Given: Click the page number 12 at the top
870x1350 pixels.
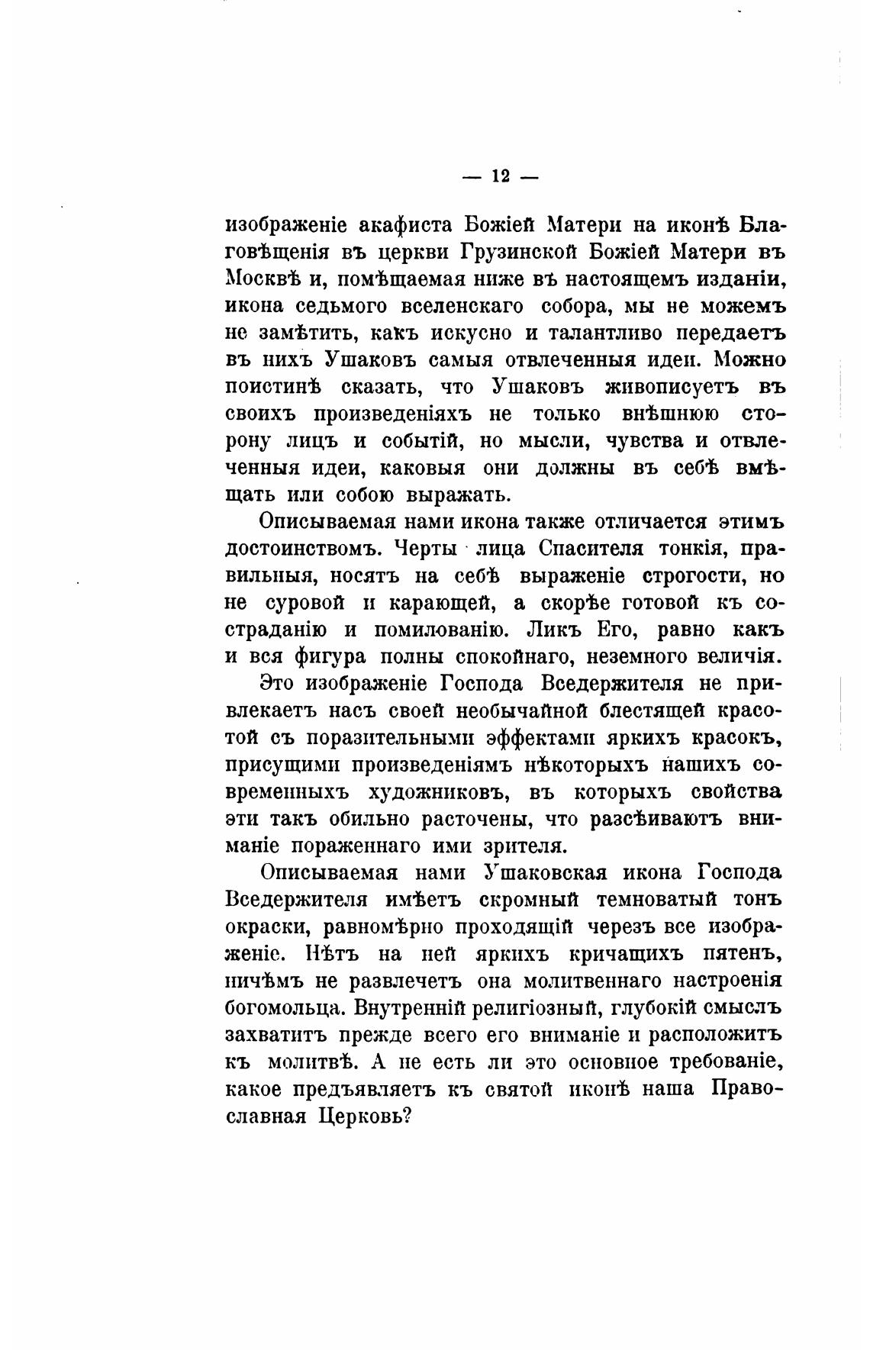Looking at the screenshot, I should coord(500,176).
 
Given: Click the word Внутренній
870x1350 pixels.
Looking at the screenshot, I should coord(409,1007).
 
